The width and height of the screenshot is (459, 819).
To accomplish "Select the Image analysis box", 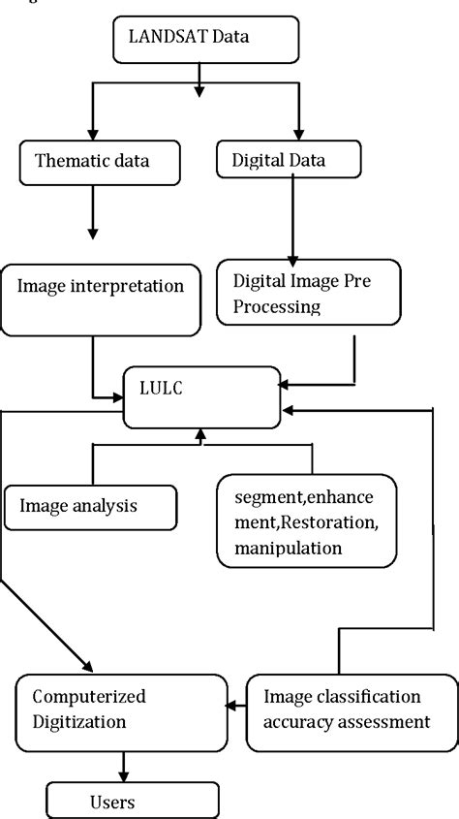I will pyautogui.click(x=90, y=504).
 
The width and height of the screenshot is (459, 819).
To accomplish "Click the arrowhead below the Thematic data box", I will pyautogui.click(x=93, y=233).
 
